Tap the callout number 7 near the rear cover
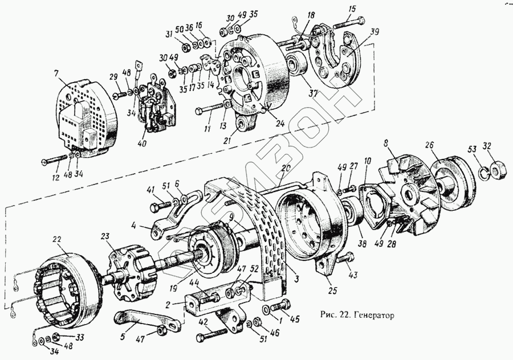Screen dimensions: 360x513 [x=56, y=73]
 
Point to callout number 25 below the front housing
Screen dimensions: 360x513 [x=333, y=290]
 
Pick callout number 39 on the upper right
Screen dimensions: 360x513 [x=373, y=31]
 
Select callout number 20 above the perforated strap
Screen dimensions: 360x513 [x=286, y=168]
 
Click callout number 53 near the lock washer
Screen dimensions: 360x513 [x=471, y=149]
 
